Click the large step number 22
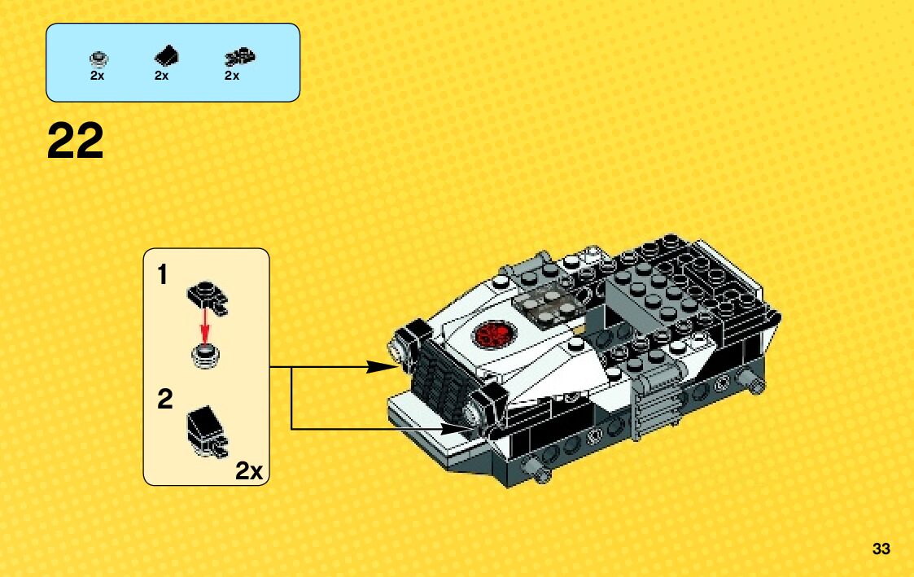coord(76,141)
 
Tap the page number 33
coord(881,549)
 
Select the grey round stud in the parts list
coord(98,58)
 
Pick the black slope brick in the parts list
coord(166,56)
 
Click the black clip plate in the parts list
coord(238,57)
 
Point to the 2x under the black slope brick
coord(161,76)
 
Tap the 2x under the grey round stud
coord(98,76)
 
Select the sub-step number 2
coord(164,400)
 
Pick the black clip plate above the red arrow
coord(208,296)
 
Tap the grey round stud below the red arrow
coord(205,354)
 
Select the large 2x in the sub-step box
coord(249,470)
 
